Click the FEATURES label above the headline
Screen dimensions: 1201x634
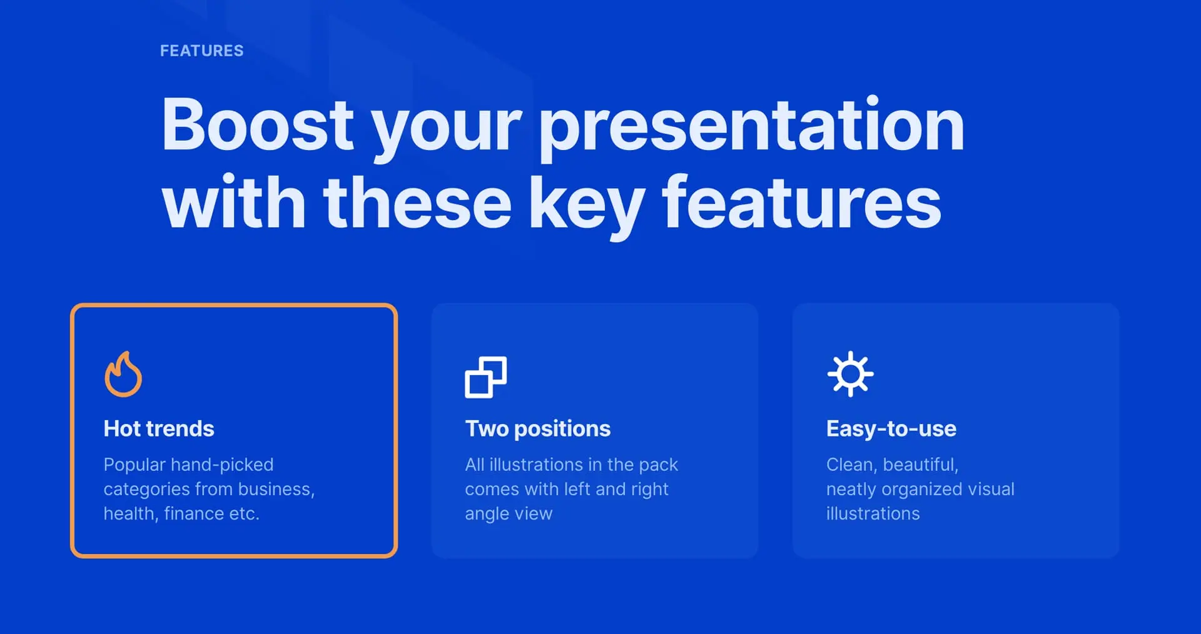pos(201,51)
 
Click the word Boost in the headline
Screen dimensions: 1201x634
pos(258,124)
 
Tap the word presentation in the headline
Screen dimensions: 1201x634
pos(751,129)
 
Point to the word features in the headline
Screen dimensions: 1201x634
pos(802,201)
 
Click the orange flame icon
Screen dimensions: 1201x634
pos(123,374)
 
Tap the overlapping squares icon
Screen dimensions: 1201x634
pos(486,377)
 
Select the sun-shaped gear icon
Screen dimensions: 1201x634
pos(850,374)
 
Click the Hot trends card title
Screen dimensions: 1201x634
pos(159,429)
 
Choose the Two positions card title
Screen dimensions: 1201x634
pos(537,430)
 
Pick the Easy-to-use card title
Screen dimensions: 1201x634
pos(891,429)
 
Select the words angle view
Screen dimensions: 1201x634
pos(509,514)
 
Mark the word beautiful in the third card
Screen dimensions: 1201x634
pos(921,465)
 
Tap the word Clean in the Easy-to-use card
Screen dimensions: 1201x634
pos(851,465)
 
